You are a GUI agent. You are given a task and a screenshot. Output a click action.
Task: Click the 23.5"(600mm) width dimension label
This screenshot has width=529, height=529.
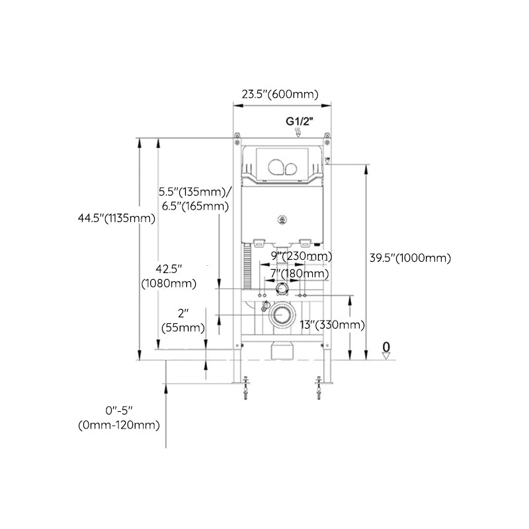point(280,95)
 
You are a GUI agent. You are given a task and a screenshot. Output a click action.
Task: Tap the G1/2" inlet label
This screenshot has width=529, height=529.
point(299,121)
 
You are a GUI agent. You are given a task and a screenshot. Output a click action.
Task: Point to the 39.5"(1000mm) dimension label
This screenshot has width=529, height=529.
point(409,258)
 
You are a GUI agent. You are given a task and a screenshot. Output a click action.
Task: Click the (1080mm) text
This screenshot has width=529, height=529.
point(169,284)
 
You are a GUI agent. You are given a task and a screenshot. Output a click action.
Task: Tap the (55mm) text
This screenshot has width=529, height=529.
point(183,327)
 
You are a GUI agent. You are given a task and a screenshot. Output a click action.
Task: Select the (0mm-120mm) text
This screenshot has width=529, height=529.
point(119,426)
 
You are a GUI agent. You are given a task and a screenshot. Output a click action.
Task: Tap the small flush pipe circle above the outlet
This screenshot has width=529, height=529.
point(282,289)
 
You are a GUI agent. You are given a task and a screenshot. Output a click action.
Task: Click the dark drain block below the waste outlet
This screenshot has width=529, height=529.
point(283,350)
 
